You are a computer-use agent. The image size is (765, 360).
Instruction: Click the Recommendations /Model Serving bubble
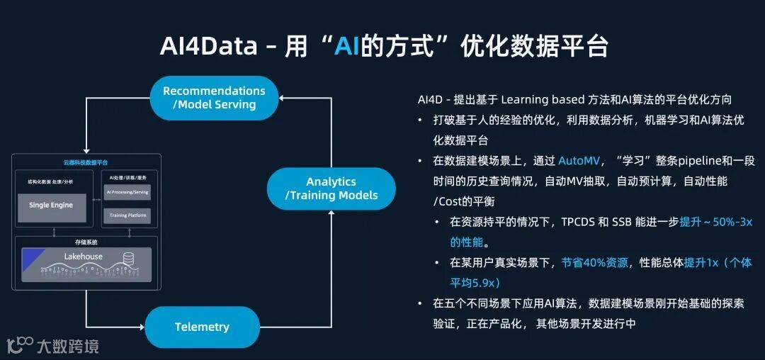point(214,98)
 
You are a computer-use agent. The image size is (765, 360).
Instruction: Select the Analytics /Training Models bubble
point(331,189)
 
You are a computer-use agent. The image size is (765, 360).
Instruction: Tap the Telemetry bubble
point(202,327)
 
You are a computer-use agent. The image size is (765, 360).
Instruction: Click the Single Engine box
point(50,206)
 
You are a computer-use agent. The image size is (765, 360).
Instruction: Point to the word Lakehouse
point(83,257)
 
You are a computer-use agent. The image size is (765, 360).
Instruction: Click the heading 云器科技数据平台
point(86,162)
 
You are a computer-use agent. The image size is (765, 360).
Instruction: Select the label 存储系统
point(86,241)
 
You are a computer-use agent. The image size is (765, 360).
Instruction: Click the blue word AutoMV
point(579,161)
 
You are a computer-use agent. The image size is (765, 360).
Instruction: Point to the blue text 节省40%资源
point(594,263)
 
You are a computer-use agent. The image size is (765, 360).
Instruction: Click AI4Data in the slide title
point(210,47)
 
